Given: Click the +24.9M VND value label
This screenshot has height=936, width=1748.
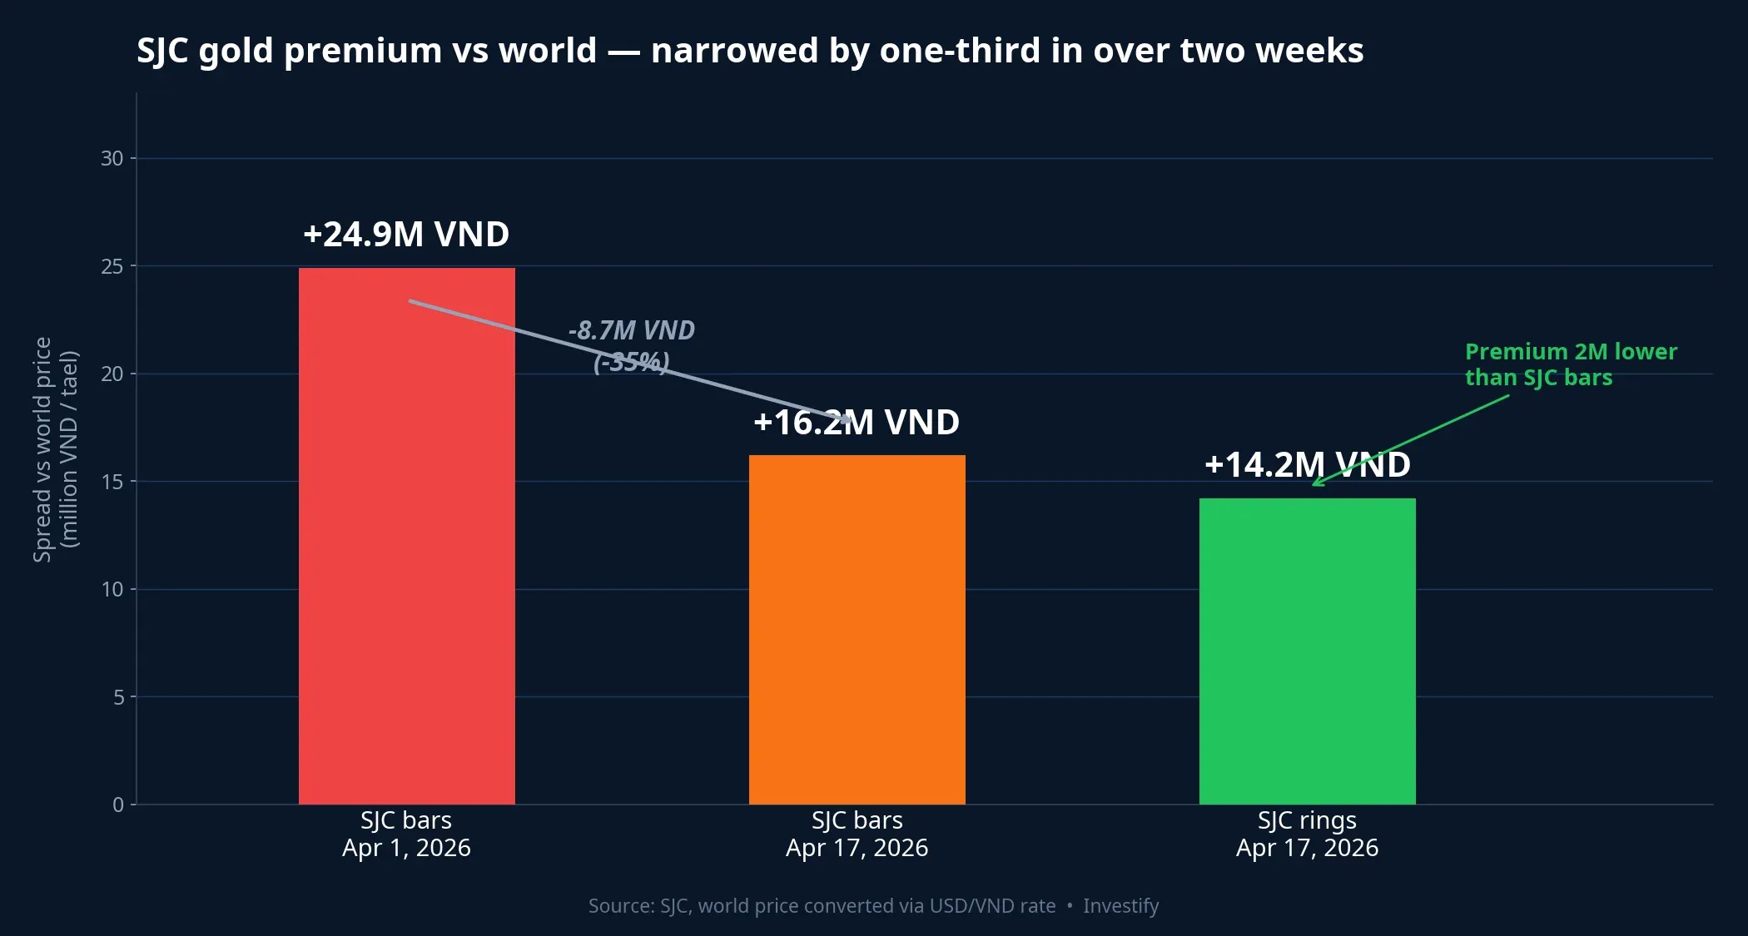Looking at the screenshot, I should pyautogui.click(x=406, y=235).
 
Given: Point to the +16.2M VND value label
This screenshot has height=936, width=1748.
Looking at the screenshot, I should pyautogui.click(x=857, y=423).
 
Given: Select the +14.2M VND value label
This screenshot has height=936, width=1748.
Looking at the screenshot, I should pyautogui.click(x=1307, y=465).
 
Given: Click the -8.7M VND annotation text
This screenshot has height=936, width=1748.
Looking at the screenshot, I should pyautogui.click(x=632, y=331).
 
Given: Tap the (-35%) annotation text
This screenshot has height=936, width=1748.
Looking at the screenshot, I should pyautogui.click(x=632, y=363).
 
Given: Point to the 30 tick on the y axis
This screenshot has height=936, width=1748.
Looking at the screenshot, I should pyautogui.click(x=112, y=158).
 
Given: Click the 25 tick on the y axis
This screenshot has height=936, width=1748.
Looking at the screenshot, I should pyautogui.click(x=112, y=266).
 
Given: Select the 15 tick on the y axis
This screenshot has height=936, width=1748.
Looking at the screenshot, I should pyautogui.click(x=112, y=482).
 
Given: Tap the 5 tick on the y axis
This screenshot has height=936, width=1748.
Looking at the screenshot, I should pyautogui.click(x=119, y=697).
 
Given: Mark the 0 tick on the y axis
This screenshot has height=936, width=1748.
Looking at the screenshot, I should pyautogui.click(x=119, y=805).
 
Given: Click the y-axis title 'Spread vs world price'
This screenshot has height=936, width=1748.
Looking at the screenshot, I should pyautogui.click(x=43, y=449).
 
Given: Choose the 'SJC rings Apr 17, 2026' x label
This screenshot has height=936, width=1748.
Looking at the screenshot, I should pyautogui.click(x=1307, y=834).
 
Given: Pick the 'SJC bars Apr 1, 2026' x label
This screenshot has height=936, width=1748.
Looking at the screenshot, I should pyautogui.click(x=406, y=834).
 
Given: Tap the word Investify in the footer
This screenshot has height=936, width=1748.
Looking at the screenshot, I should pyautogui.click(x=1120, y=906).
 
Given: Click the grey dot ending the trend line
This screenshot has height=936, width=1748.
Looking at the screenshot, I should pyautogui.click(x=847, y=419).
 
